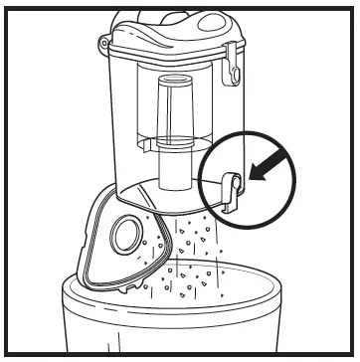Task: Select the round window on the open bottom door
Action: [x=127, y=236]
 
